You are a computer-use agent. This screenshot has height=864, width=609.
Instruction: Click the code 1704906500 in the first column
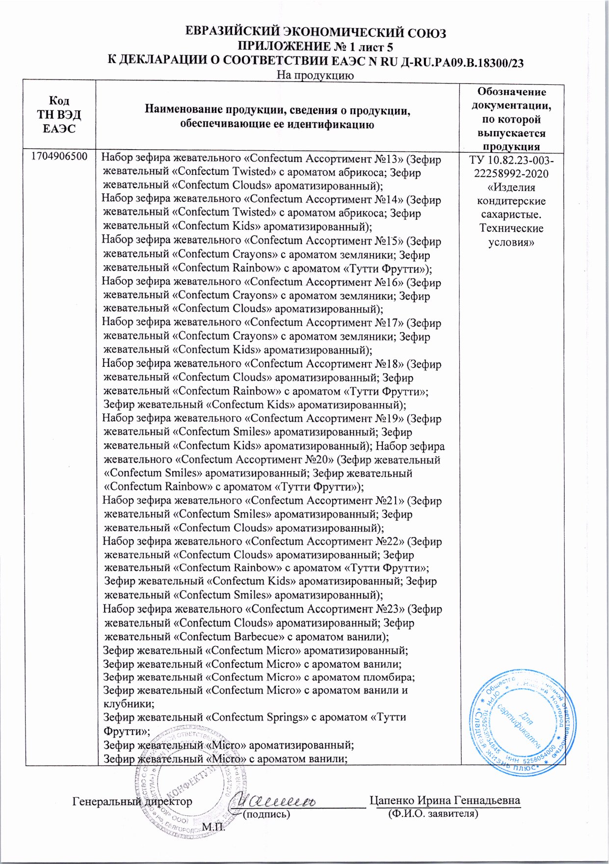(59, 157)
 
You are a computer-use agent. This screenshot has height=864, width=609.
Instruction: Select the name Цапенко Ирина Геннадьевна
(445, 800)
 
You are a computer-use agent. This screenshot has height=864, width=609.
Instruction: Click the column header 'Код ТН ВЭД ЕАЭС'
(59, 114)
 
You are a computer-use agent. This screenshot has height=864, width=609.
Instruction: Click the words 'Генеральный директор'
(132, 801)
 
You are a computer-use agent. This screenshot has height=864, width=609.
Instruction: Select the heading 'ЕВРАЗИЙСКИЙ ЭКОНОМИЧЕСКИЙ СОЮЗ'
(316, 33)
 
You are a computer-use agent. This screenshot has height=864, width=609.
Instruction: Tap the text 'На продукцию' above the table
(315, 75)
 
